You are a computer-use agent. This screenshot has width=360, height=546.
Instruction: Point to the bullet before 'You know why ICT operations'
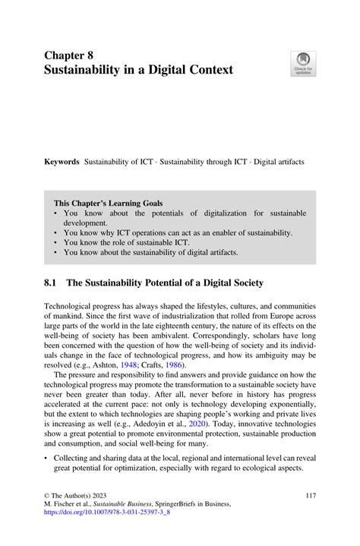[56, 233]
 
